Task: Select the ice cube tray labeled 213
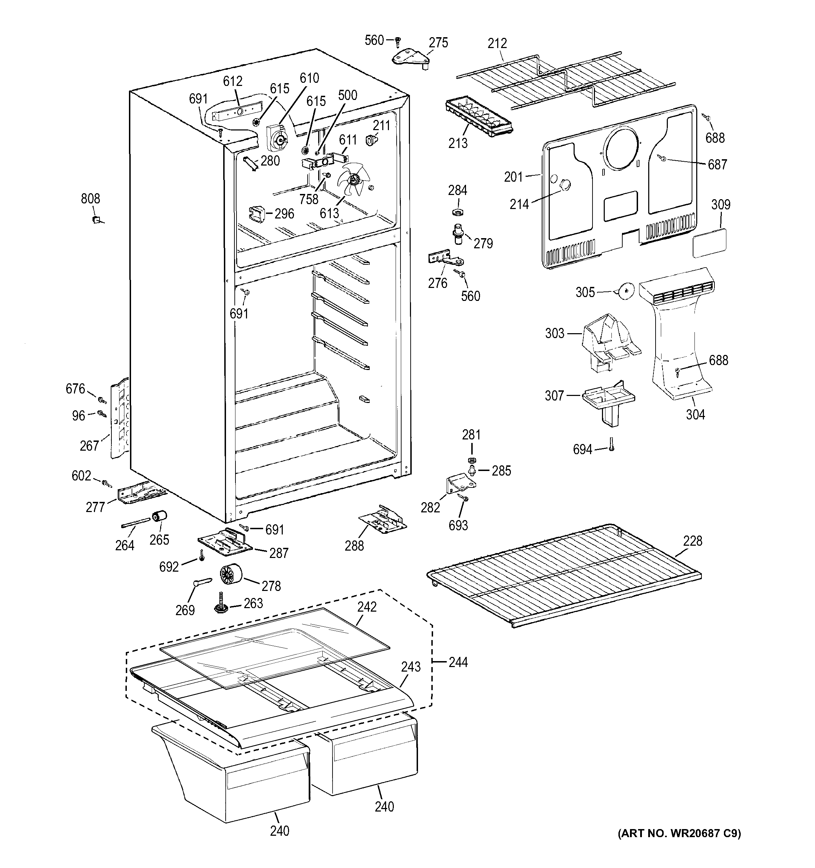[479, 117]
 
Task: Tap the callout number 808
[90, 199]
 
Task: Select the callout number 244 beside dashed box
[458, 662]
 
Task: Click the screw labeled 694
[611, 444]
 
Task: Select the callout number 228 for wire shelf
[692, 541]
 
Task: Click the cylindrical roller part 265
[159, 517]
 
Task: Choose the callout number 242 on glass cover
[367, 607]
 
